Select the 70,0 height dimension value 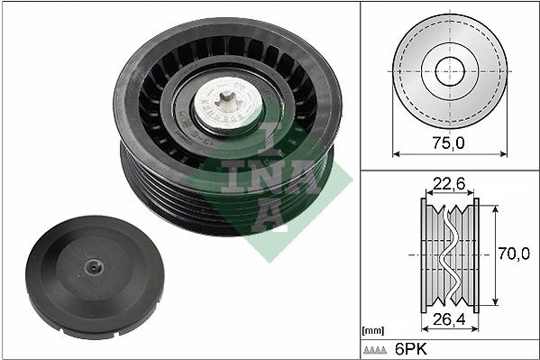pyautogui.click(x=513, y=254)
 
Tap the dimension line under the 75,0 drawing pyautogui.click(x=448, y=154)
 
